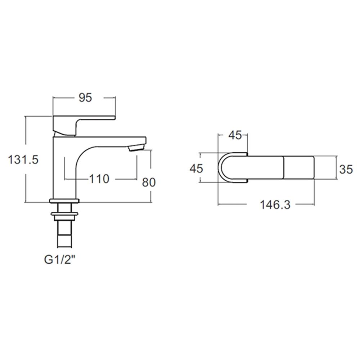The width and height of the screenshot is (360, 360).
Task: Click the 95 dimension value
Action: pos(85,98)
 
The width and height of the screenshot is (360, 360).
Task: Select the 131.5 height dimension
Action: pos(23,159)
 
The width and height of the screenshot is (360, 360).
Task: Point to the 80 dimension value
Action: pos(149,182)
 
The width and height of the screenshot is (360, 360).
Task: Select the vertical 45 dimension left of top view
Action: pos(197,168)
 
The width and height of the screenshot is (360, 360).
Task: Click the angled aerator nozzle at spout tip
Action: pos(136,147)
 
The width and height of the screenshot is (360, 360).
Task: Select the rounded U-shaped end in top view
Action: pos(227,167)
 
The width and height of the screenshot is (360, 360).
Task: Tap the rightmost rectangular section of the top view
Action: pos(299,167)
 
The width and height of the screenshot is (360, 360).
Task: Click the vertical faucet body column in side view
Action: pos(64,169)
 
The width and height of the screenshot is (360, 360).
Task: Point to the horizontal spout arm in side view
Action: pos(108,140)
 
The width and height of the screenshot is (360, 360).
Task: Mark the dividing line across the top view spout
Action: pos(284,167)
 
